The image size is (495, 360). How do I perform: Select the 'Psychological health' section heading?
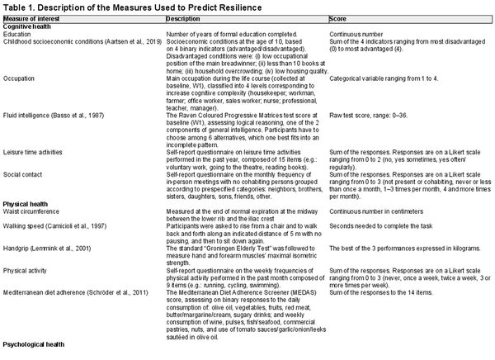pyautogui.click(x=36, y=342)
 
